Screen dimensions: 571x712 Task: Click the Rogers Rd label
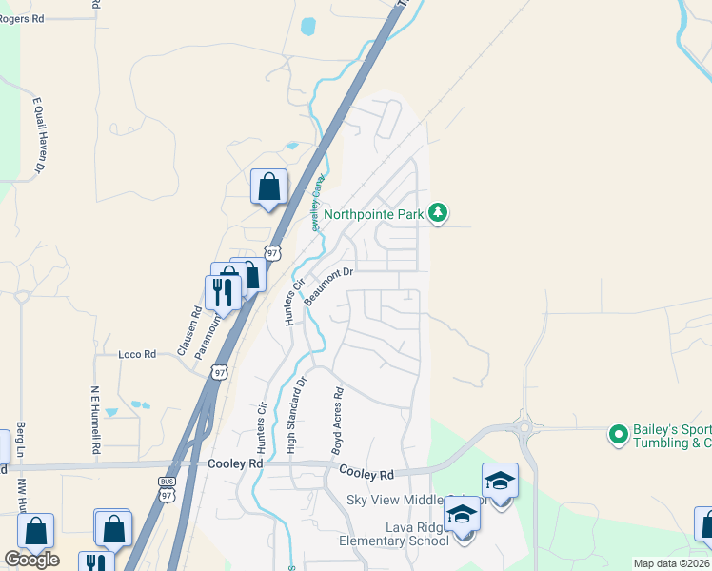(23, 18)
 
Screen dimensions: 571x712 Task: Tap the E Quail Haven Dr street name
(39, 134)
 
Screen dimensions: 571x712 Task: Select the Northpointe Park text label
(374, 214)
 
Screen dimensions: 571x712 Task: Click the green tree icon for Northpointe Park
(438, 212)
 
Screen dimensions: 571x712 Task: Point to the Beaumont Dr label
(329, 286)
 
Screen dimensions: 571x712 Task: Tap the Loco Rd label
(136, 354)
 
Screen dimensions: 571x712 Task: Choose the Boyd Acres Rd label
(336, 420)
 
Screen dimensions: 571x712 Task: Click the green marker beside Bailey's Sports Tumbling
(620, 436)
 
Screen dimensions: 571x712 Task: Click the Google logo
(31, 560)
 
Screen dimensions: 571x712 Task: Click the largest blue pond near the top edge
(308, 27)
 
